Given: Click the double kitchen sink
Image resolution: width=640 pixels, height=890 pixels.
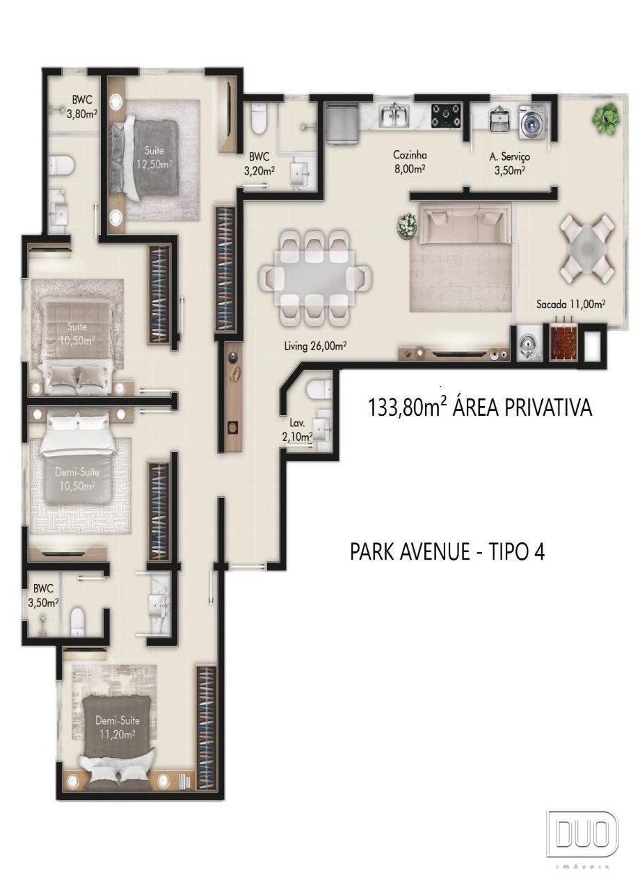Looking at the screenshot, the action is click(394, 115).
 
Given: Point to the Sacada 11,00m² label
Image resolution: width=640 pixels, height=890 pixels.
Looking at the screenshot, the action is click(571, 305).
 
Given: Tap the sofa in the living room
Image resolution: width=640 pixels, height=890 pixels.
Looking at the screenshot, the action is click(465, 224).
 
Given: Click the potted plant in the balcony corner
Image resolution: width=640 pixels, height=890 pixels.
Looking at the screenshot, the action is click(605, 118).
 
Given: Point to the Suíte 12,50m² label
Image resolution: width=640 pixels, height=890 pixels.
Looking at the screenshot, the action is click(154, 157).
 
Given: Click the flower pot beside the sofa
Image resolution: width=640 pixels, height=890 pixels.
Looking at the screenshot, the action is click(408, 226).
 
